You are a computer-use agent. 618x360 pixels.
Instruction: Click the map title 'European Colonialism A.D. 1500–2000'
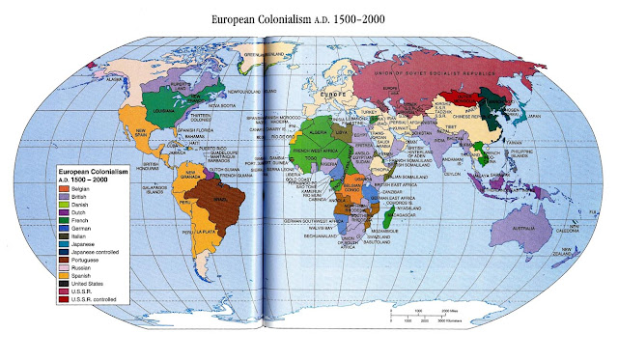[309, 18]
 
